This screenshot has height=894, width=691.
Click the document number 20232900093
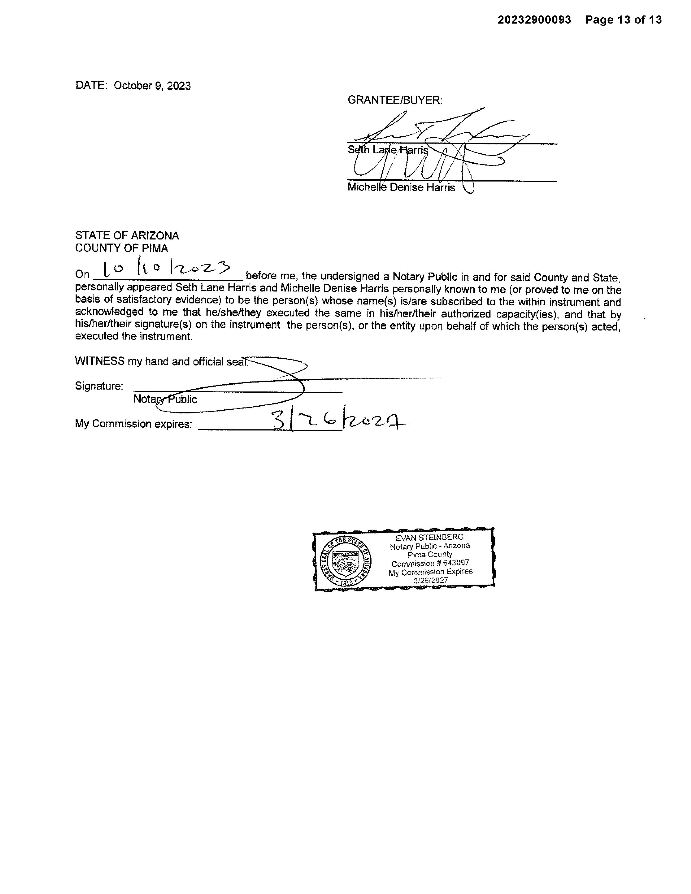[534, 20]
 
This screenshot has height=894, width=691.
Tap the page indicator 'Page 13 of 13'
[623, 20]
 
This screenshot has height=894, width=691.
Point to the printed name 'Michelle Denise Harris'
[401, 187]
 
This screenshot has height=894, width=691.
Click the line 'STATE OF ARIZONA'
[127, 236]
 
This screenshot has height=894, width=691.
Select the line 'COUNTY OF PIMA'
[122, 248]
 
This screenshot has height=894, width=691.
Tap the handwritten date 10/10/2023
[166, 269]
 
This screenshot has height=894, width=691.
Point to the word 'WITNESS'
[99, 361]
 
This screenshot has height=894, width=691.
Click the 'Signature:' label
[99, 386]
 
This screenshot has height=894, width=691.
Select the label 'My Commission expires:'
[133, 424]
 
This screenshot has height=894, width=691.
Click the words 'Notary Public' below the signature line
[165, 399]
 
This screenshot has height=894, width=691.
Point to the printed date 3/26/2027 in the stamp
[430, 581]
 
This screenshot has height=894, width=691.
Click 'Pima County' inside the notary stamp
[430, 555]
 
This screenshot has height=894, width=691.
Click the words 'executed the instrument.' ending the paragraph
[133, 336]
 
